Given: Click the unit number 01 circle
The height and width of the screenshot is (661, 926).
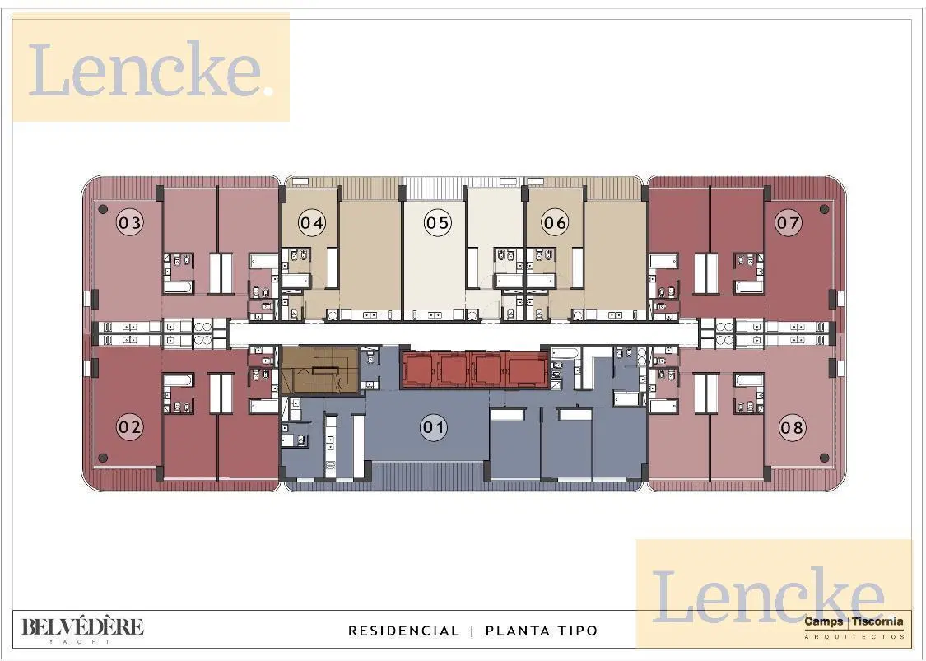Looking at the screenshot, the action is click(434, 426).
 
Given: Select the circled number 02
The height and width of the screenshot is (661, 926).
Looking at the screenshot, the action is click(130, 426).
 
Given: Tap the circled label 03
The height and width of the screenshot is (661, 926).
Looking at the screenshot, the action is click(130, 223).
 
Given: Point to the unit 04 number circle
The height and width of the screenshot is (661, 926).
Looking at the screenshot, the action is click(312, 223).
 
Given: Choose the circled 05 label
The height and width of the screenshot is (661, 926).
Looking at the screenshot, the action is click(438, 223).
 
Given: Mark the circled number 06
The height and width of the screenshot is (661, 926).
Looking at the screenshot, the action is click(555, 223).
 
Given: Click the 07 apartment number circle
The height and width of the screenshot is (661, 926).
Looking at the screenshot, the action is click(789, 223).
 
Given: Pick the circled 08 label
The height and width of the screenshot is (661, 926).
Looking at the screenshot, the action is click(791, 426).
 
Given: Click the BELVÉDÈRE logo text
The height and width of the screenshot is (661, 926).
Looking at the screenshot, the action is click(82, 626).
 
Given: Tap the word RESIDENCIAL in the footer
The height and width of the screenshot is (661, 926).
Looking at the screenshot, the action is click(404, 631).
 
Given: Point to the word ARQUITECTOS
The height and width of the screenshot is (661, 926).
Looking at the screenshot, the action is click(854, 636).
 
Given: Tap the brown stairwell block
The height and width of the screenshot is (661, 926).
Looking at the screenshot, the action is click(319, 370).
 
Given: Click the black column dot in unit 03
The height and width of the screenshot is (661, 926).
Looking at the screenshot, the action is click(103, 209).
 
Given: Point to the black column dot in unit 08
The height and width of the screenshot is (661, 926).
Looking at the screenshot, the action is click(825, 458).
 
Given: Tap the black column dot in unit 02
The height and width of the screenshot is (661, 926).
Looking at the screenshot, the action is click(103, 458).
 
